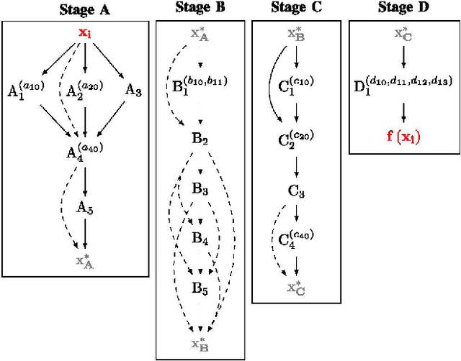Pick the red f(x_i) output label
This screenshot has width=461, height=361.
coord(403,137)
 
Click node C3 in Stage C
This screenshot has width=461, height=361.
coord(296,193)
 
